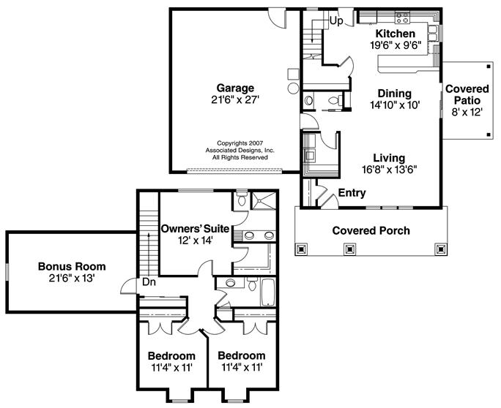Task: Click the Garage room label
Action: pos(235,88)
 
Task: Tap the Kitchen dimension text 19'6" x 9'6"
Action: pos(396,45)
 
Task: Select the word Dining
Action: pos(395,94)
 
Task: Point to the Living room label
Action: pos(389,158)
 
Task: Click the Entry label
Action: pos(352,193)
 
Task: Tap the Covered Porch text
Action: pos(371,230)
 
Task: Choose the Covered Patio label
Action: pos(467,94)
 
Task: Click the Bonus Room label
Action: pos(72,266)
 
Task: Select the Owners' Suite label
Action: pos(195,229)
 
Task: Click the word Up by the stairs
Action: pos(335,21)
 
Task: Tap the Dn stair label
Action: pos(149,282)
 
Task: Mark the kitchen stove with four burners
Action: pos(402,18)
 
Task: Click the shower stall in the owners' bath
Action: pos(263,200)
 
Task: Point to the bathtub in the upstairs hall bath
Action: pos(268,292)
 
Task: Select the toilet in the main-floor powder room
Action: pos(334,101)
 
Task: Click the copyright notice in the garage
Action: pos(240,150)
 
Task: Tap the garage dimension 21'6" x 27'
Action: pos(235,100)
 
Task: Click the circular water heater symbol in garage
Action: pos(293,88)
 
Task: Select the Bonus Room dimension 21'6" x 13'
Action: pos(72,279)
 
